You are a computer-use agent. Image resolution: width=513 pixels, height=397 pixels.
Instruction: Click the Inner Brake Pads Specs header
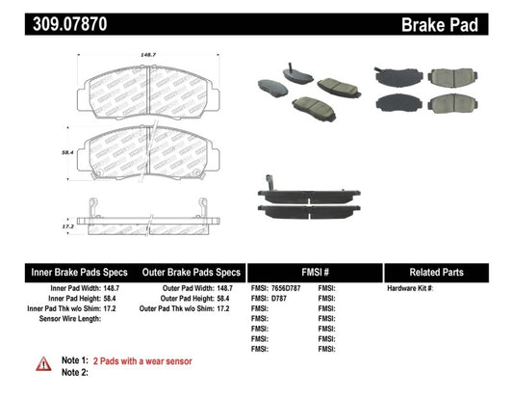[67, 272]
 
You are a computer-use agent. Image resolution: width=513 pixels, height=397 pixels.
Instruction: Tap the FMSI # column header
[314, 272]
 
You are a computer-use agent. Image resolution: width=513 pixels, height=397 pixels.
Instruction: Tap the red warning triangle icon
[44, 362]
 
